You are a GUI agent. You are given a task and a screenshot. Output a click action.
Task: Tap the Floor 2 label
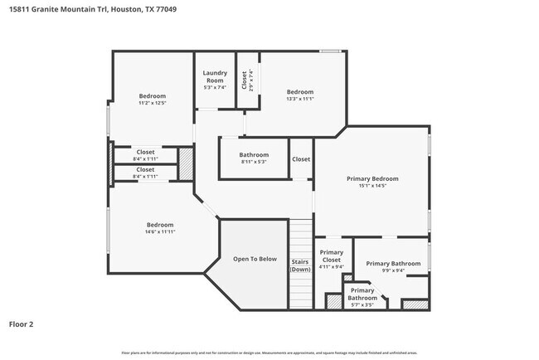tap(21, 324)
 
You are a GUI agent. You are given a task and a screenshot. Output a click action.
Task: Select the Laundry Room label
tap(215, 76)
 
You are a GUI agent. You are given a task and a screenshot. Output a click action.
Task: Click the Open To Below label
tap(255, 259)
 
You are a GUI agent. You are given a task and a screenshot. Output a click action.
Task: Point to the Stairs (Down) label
tap(300, 266)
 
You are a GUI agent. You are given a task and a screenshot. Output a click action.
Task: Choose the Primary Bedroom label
tap(372, 178)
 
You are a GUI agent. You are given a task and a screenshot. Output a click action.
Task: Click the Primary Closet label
tap(331, 255)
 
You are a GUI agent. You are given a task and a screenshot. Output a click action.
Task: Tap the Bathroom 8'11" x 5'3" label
tap(254, 155)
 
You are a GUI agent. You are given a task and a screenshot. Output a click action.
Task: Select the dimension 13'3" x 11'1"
tap(300, 99)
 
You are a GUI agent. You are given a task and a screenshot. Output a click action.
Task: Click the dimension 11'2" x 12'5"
tap(152, 103)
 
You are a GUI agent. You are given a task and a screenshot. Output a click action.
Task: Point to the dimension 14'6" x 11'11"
tap(160, 231)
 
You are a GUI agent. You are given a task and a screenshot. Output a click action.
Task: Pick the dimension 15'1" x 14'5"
tap(372, 186)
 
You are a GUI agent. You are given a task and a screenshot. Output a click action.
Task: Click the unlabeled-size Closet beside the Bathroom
tap(300, 159)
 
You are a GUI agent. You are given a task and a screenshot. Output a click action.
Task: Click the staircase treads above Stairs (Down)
tap(300, 236)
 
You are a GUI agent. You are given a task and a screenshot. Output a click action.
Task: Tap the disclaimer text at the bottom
tap(269, 353)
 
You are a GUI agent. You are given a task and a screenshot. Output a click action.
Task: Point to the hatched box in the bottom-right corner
tap(415, 304)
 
